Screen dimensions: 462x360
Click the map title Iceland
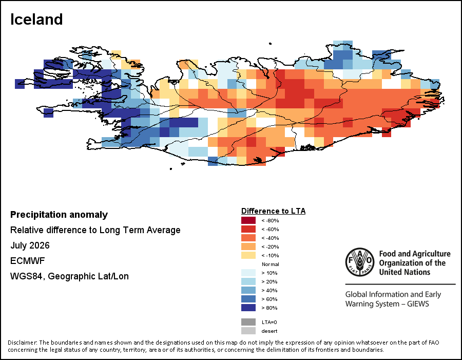tap(36, 20)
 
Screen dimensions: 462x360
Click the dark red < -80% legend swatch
tap(248, 220)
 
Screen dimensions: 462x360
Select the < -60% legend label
tap(270, 229)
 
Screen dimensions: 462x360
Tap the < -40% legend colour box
tap(248, 238)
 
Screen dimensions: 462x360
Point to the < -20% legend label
tap(270, 247)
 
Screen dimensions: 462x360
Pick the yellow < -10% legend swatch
tap(248, 255)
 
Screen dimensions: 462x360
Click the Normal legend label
tap(271, 264)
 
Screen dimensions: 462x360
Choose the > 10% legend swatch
tap(248, 273)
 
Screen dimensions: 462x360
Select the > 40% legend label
tap(269, 291)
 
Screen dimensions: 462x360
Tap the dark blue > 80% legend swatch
tap(248, 308)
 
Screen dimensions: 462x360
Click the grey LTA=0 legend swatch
tap(248, 322)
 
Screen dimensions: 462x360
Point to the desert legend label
tap(269, 331)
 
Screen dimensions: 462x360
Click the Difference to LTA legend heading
tap(274, 211)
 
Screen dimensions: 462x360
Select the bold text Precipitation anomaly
tap(59, 215)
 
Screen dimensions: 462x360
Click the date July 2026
tap(30, 245)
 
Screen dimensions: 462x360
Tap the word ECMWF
tap(27, 261)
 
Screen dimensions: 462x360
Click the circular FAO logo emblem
tap(360, 262)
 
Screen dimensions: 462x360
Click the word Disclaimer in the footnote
tap(23, 343)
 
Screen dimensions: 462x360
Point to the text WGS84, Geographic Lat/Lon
tap(69, 276)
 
